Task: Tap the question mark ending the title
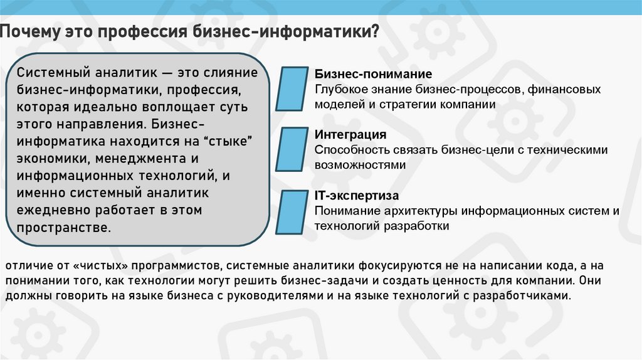[374, 32]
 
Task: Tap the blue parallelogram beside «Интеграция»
[292, 151]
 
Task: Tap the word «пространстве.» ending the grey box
[64, 226]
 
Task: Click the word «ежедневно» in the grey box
[48, 209]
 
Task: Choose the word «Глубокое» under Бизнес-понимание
[339, 90]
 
